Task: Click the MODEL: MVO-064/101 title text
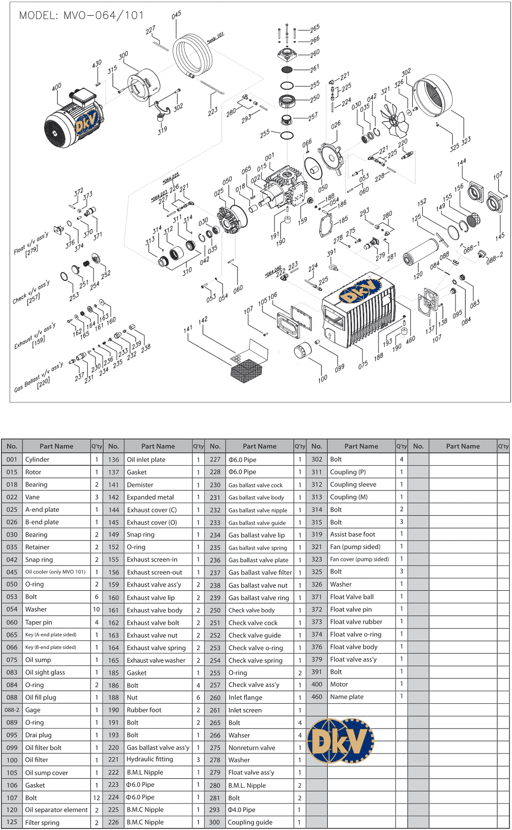tap(81, 15)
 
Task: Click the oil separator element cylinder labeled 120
tap(421, 252)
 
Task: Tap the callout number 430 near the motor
tap(97, 64)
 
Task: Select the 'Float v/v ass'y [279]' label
tap(32, 244)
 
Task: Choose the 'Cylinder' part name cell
tap(56, 459)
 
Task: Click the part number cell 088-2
tap(12, 710)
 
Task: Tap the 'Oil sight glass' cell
tap(56, 672)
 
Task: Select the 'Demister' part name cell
tap(158, 485)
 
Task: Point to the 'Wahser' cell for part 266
tap(260, 735)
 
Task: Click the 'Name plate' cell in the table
tap(361, 696)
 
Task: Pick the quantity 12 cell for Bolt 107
tap(97, 798)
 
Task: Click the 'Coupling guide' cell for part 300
tap(260, 822)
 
